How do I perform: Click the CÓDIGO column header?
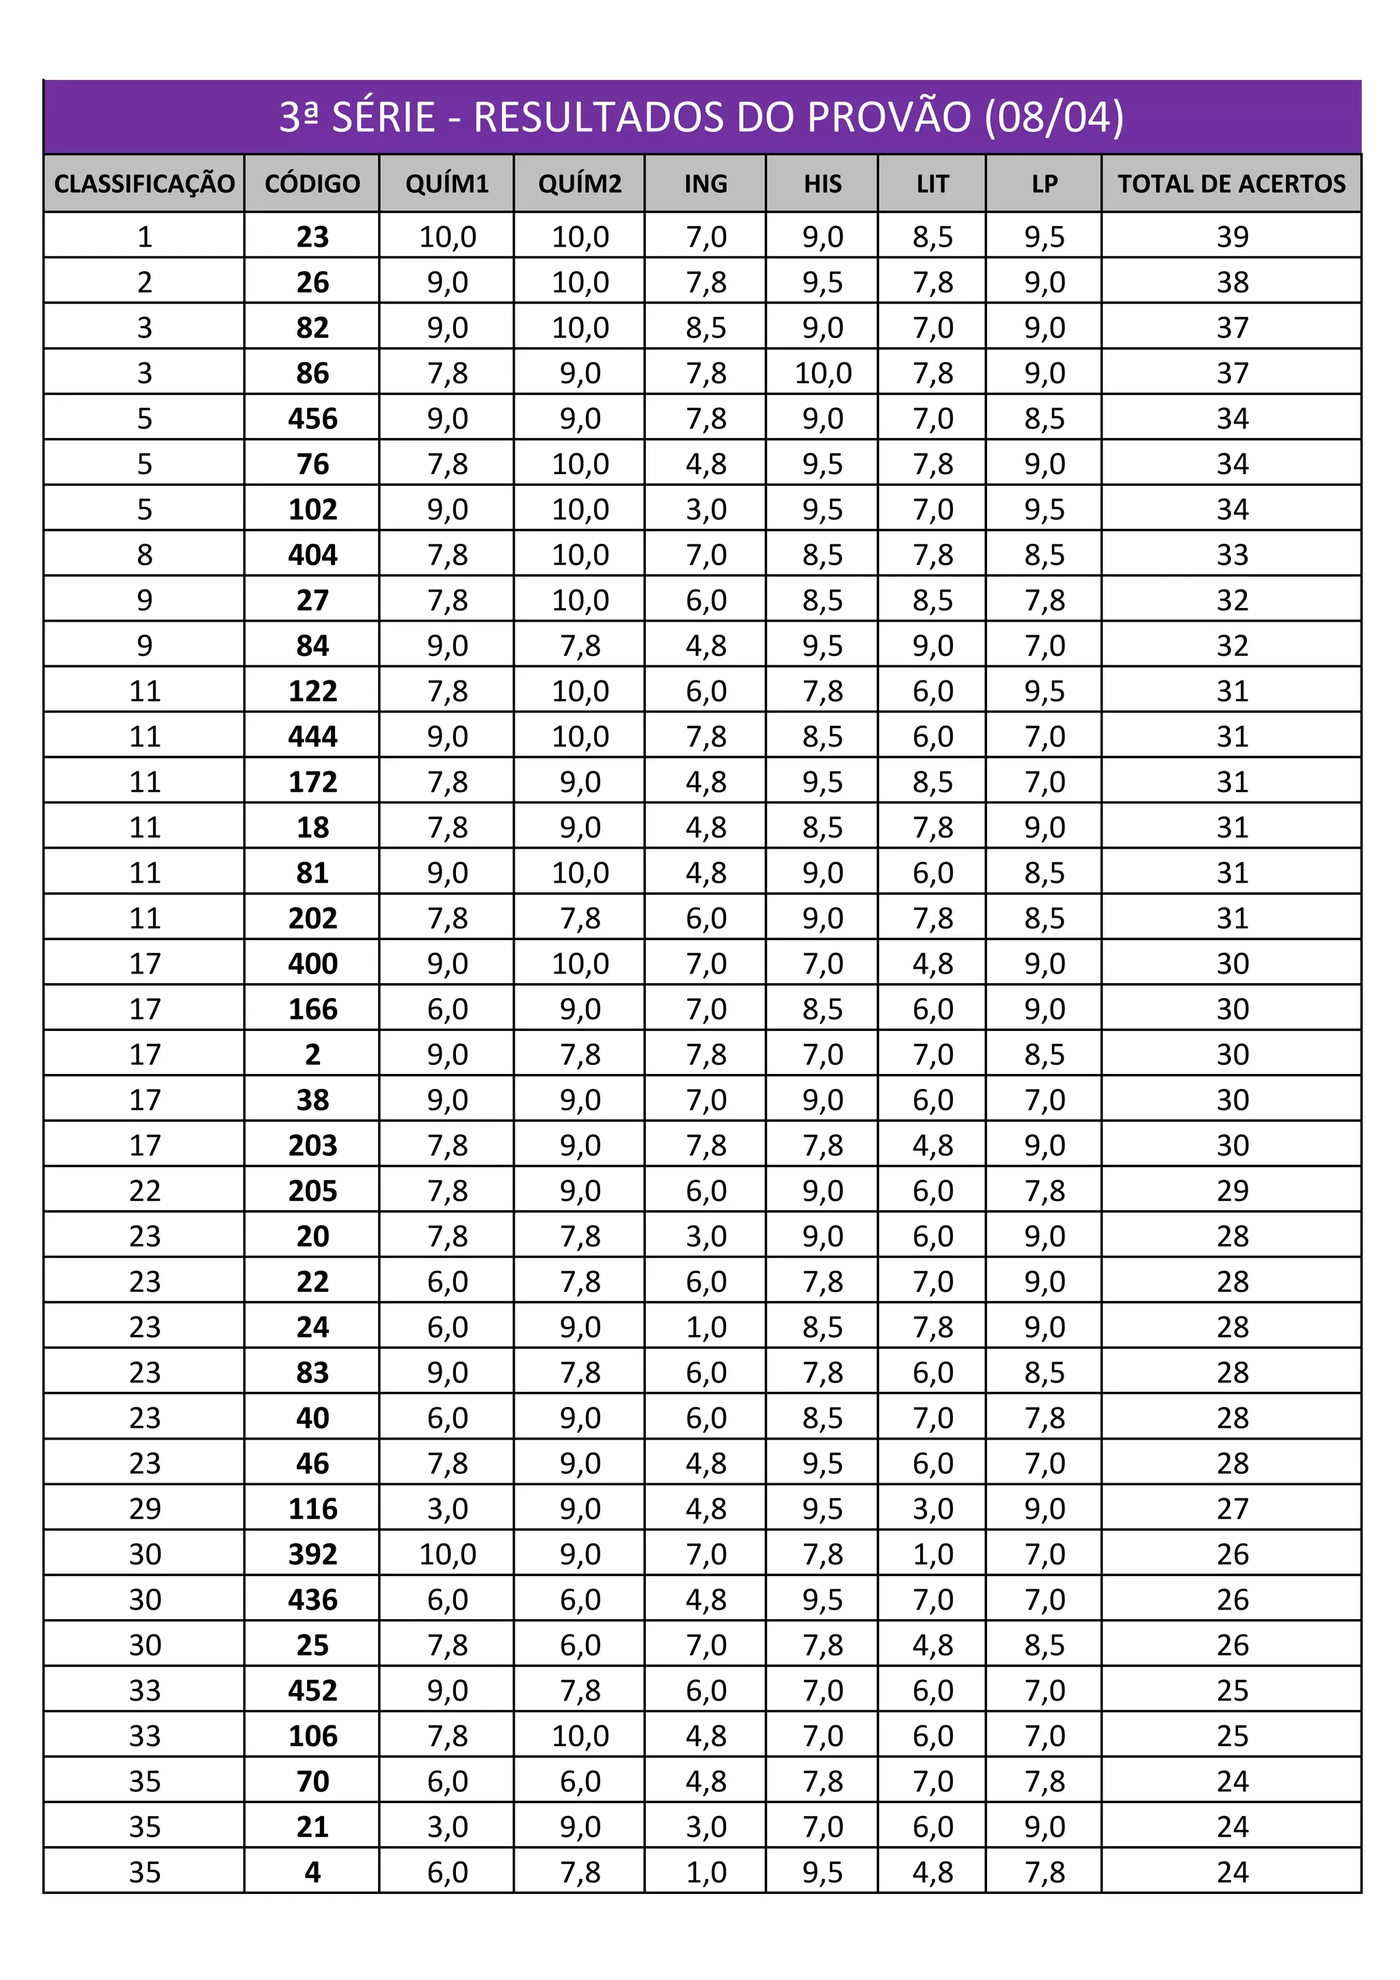tap(312, 184)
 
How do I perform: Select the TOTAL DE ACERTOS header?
tap(1231, 184)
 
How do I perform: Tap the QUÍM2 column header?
tap(580, 184)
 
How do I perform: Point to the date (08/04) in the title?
tap(1054, 118)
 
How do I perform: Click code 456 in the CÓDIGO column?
tap(312, 419)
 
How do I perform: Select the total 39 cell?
tap(1232, 237)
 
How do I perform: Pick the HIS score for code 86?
tap(823, 374)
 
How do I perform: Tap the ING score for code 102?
tap(705, 510)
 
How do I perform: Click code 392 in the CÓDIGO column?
tap(312, 1554)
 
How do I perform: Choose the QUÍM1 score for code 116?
tap(447, 1509)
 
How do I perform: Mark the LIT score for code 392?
tap(932, 1554)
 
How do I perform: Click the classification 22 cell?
tap(145, 1191)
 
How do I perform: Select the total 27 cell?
tap(1232, 1509)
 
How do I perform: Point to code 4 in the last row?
tap(312, 1872)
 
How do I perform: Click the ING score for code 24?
tap(705, 1328)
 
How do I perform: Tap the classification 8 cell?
tap(145, 555)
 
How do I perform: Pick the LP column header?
tap(1044, 184)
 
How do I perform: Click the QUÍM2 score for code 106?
tap(580, 1736)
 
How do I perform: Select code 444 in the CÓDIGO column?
tap(312, 737)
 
